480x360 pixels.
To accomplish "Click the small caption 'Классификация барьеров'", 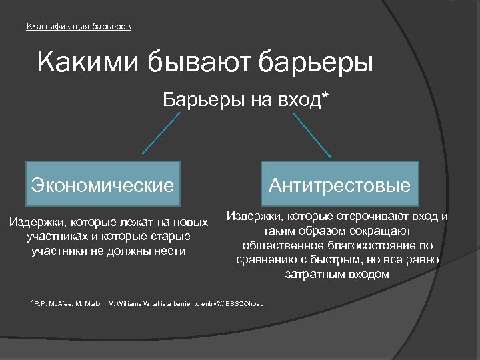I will pos(78,27).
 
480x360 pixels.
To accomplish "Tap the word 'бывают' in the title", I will pos(194,64).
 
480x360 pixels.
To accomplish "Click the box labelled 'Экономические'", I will pos(102,183).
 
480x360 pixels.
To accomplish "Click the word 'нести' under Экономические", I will pos(170,251).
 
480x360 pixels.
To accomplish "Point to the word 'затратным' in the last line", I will pos(314,274).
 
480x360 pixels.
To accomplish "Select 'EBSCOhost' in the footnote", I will pos(245,304).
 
